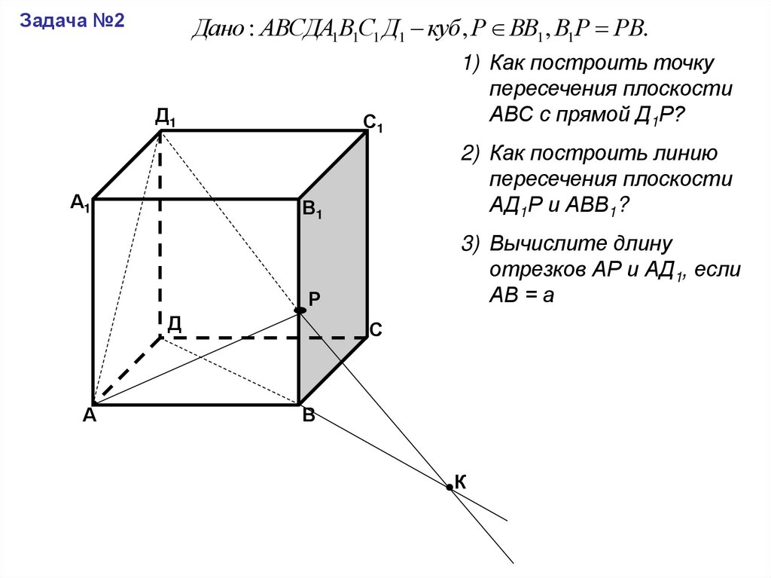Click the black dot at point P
pyautogui.click(x=300, y=310)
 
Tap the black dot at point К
pyautogui.click(x=449, y=488)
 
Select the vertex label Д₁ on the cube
pyautogui.click(x=166, y=117)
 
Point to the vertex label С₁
pyautogui.click(x=373, y=123)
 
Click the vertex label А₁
pyautogui.click(x=80, y=203)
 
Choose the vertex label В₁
pyautogui.click(x=312, y=211)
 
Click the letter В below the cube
pyautogui.click(x=308, y=416)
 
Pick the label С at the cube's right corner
pyautogui.click(x=376, y=330)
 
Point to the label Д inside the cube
pyautogui.click(x=174, y=323)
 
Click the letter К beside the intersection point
pyautogui.click(x=460, y=482)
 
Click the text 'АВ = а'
pyautogui.click(x=522, y=295)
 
